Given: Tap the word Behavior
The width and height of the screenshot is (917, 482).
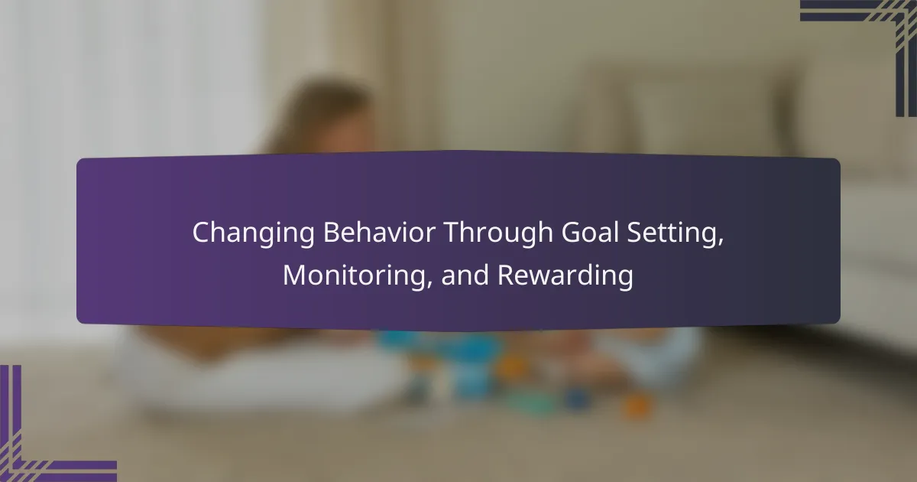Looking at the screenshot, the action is (x=380, y=233).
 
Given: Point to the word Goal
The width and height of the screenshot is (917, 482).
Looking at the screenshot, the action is (x=590, y=233).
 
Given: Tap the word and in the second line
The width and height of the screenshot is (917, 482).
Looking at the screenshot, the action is (x=465, y=275).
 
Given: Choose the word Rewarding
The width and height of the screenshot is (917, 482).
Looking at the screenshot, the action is (x=565, y=277).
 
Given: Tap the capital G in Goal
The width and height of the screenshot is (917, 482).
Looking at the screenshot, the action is (x=571, y=233).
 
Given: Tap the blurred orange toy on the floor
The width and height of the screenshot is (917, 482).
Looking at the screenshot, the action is (x=637, y=405).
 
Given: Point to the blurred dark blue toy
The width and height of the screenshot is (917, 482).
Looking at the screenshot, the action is (x=575, y=398).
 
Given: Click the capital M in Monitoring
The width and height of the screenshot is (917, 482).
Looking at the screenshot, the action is (x=295, y=275).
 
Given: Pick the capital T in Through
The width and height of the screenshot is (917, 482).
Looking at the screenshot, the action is (x=452, y=233).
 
